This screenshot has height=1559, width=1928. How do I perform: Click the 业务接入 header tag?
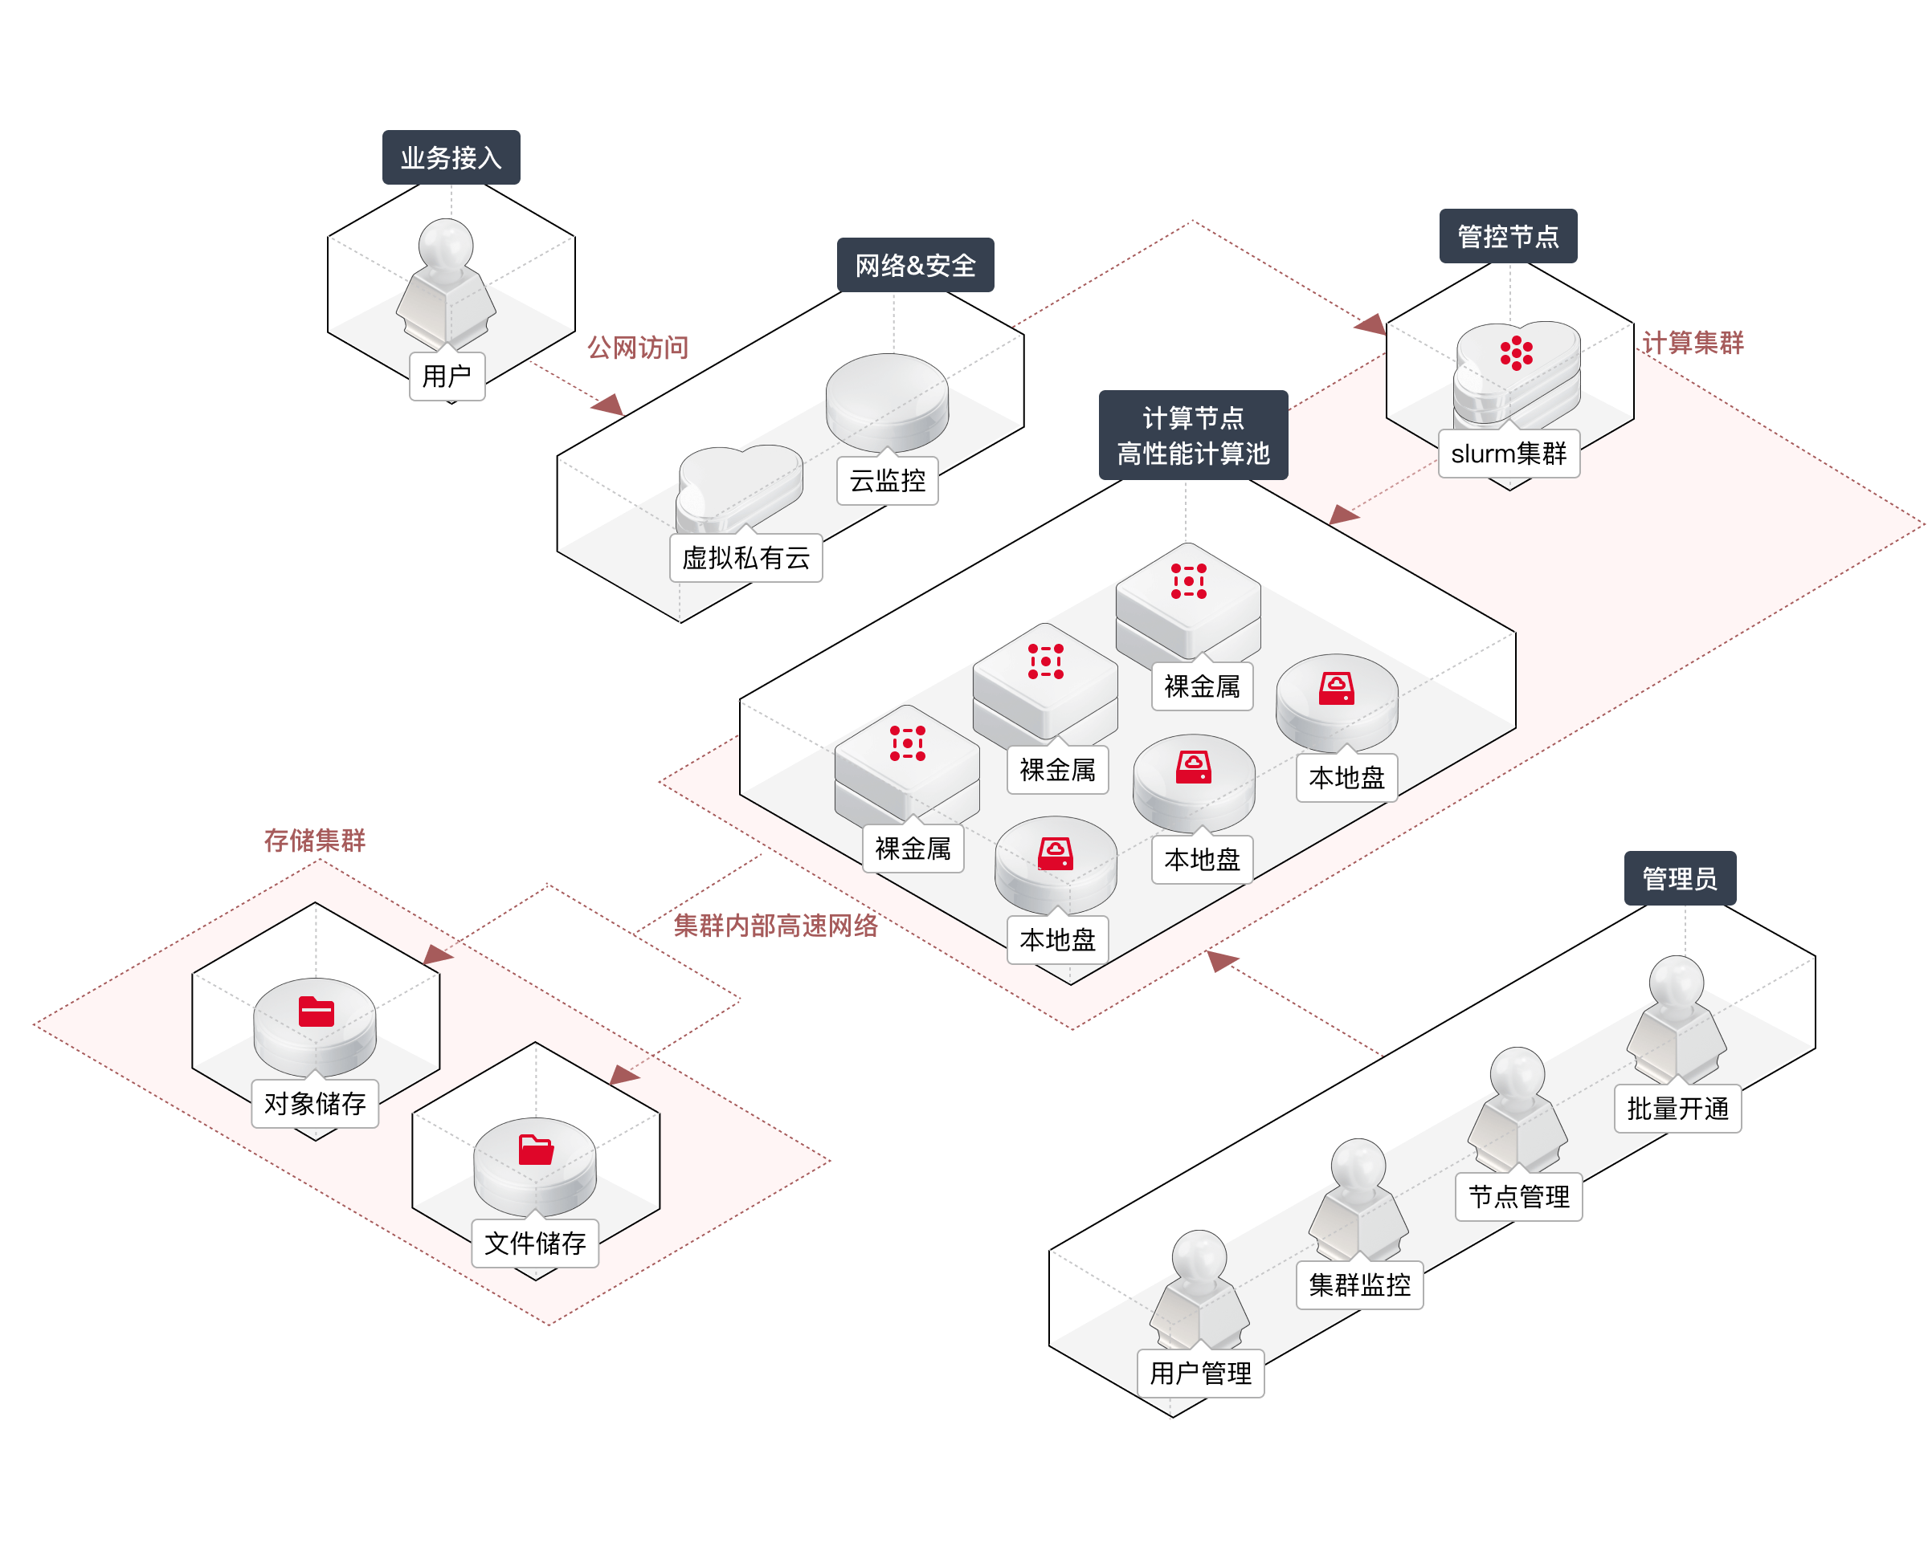451,158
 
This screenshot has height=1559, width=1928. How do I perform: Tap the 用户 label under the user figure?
447,377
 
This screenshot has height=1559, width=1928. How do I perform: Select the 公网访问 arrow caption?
638,347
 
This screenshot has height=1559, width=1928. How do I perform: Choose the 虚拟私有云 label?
745,559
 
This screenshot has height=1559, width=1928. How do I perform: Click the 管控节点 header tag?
1508,237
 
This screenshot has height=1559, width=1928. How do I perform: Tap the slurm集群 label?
1509,454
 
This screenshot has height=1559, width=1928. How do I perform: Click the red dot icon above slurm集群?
1516,353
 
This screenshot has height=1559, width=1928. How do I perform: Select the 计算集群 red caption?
1693,342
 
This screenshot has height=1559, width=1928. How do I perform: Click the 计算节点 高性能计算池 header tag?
1193,436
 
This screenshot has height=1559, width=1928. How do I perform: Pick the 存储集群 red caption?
314,840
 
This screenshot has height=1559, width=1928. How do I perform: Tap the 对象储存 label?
314,1104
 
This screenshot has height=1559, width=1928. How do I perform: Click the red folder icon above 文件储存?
536,1150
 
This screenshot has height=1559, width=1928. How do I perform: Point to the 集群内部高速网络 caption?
775,925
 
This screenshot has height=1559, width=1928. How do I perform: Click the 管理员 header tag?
1679,878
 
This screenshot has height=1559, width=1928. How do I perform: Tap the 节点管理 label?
1518,1197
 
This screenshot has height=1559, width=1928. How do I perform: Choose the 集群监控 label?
1359,1285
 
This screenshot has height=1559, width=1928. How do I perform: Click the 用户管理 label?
1200,1373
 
